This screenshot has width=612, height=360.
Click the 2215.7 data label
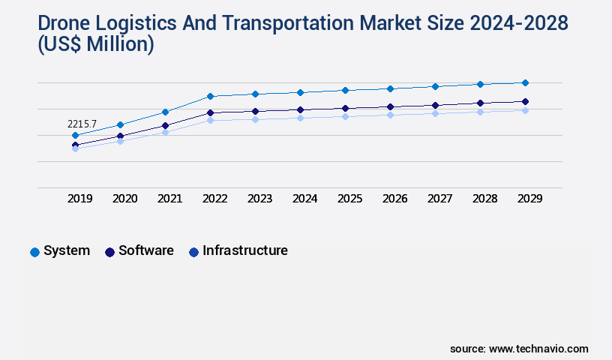click(82, 124)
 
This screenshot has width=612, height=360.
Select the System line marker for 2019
click(75, 136)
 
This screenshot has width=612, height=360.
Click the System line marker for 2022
click(210, 96)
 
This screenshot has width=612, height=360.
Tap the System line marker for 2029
click(525, 82)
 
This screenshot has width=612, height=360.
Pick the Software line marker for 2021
click(165, 125)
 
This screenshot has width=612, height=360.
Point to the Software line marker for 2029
click(525, 101)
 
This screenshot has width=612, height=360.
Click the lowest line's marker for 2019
click(75, 148)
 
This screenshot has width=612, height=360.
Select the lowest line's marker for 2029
click(525, 110)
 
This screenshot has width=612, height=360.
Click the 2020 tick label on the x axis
click(124, 199)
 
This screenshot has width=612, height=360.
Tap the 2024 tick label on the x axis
click(304, 199)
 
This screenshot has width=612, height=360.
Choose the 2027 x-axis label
click(439, 199)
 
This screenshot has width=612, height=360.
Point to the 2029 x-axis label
click(529, 199)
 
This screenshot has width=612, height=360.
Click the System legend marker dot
click(34, 252)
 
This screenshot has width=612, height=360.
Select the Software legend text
click(146, 250)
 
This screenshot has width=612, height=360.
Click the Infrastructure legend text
click(245, 250)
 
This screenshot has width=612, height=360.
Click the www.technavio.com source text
click(538, 349)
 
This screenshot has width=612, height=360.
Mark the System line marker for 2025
click(345, 90)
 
